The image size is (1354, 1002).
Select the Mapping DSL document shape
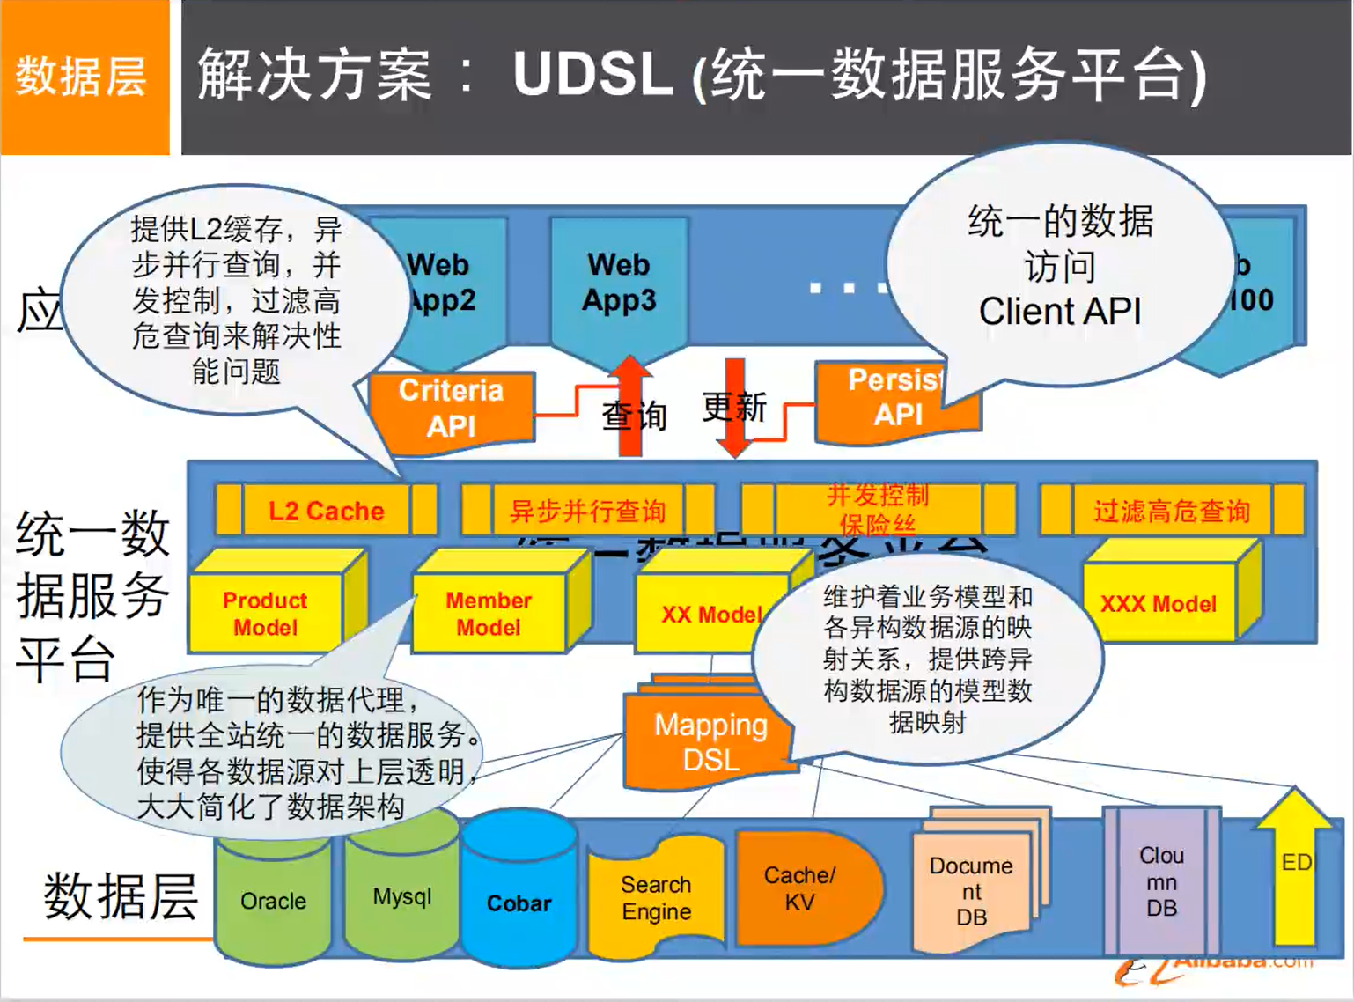point(710,741)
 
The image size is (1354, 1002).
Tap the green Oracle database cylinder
point(273,901)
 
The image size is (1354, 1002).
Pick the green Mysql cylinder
point(401,896)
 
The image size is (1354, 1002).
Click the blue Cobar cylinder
point(519,903)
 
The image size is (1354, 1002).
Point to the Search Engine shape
point(656,897)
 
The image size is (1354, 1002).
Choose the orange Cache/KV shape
point(799,888)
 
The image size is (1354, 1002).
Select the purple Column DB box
point(1161,881)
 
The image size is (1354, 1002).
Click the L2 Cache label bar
point(326,511)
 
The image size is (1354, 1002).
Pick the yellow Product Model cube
point(265,614)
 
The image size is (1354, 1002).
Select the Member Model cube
point(489,614)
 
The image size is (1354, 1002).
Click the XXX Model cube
point(1159,604)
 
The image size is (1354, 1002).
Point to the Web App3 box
point(619,283)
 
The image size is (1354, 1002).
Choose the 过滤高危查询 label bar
point(1172,511)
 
